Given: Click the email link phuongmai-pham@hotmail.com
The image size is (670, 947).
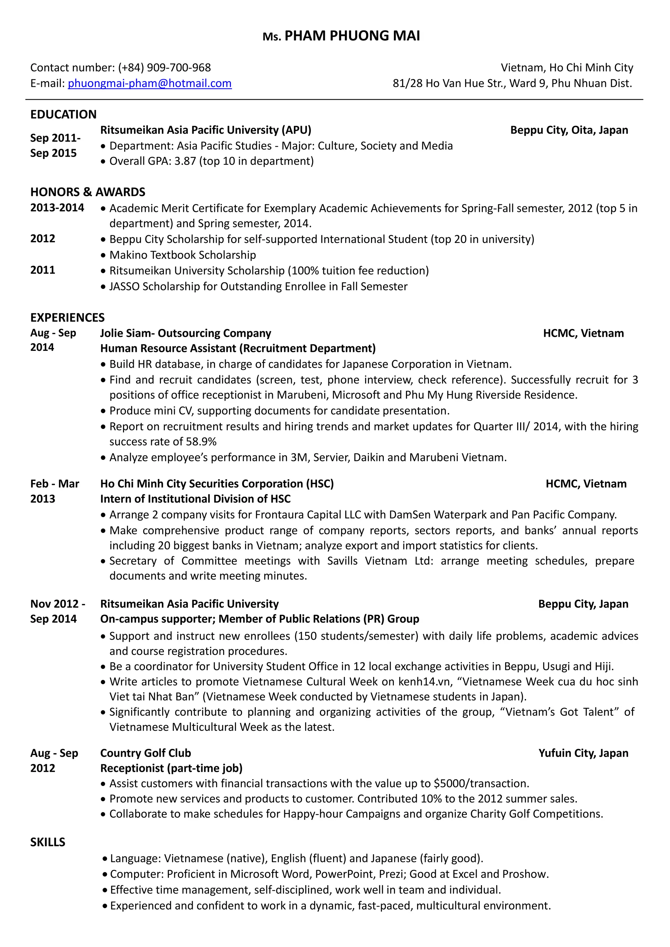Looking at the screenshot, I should click(150, 83).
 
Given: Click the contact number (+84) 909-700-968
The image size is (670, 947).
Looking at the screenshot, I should click(164, 68).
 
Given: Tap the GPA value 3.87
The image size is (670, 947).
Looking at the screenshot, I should click(185, 161).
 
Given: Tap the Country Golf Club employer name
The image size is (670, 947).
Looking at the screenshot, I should click(145, 753).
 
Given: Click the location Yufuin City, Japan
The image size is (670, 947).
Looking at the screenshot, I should click(583, 753).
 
